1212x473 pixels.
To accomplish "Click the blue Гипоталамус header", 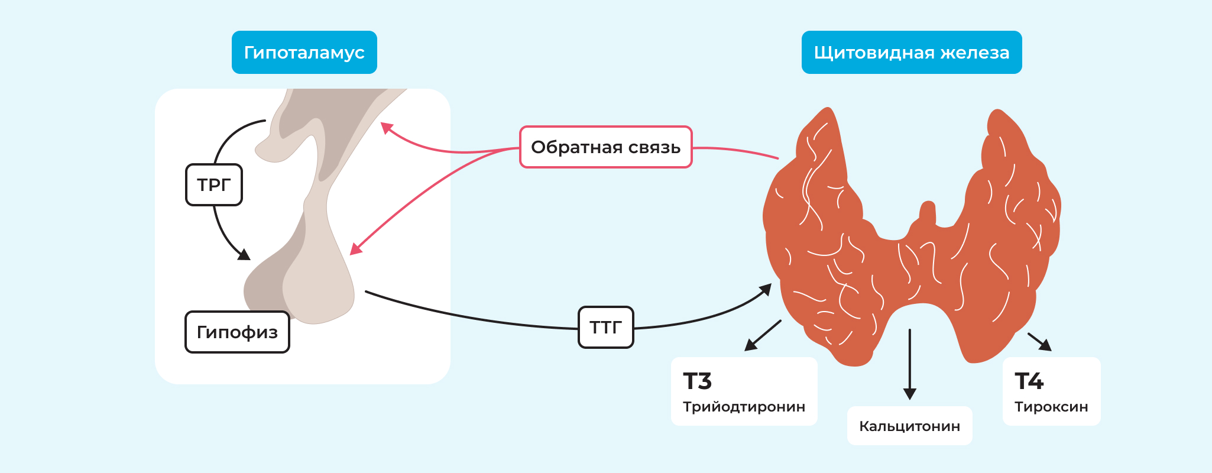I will click(304, 53).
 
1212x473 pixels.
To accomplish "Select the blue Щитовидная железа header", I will click(911, 53).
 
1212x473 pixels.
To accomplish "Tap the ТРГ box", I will click(214, 185).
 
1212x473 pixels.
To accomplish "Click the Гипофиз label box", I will click(237, 332).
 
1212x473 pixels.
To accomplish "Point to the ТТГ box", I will click(605, 327).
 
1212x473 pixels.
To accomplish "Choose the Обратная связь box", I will click(605, 147).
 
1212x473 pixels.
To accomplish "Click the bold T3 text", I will click(697, 381).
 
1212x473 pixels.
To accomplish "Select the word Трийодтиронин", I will click(744, 407).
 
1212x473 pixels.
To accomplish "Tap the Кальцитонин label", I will click(909, 426).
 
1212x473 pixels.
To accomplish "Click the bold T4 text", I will click(1029, 381).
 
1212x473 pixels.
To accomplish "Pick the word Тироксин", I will click(1051, 407).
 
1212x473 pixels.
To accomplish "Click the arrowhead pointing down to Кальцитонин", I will click(910, 393).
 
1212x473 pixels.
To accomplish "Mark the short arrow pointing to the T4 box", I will click(1040, 342).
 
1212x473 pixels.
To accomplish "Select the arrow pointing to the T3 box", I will click(763, 335).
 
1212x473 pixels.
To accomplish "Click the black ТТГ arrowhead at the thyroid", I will click(766, 289).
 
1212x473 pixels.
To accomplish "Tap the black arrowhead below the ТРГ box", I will click(244, 255).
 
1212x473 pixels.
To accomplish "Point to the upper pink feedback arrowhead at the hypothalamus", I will click(386, 127).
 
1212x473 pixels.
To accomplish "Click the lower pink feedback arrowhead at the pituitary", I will click(355, 249).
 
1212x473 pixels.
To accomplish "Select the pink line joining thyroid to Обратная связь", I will click(736, 151).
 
